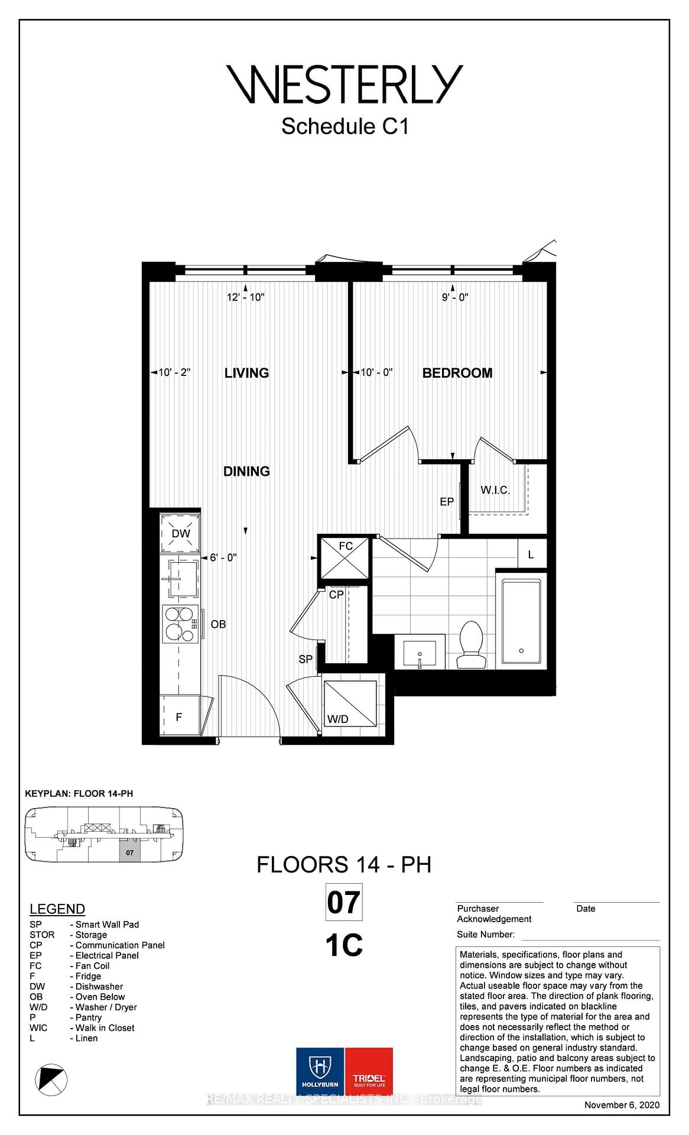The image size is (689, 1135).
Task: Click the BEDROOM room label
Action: click(x=457, y=373)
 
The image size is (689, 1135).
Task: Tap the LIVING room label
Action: click(x=246, y=373)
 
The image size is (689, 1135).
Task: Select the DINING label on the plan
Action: click(x=246, y=471)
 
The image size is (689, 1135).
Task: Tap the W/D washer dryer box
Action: click(x=350, y=705)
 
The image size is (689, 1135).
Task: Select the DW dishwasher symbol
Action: click(x=180, y=533)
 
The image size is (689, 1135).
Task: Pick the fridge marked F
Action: click(x=180, y=717)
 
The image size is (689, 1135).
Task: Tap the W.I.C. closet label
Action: click(x=495, y=490)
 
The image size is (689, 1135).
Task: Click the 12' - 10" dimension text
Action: click(x=246, y=297)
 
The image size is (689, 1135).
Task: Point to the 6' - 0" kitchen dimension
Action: click(x=223, y=557)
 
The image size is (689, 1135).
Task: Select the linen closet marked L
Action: click(x=531, y=554)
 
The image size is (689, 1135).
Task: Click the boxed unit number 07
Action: click(x=343, y=903)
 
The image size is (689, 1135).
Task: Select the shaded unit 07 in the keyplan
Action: click(x=130, y=852)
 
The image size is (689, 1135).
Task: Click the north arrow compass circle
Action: click(x=51, y=1079)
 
